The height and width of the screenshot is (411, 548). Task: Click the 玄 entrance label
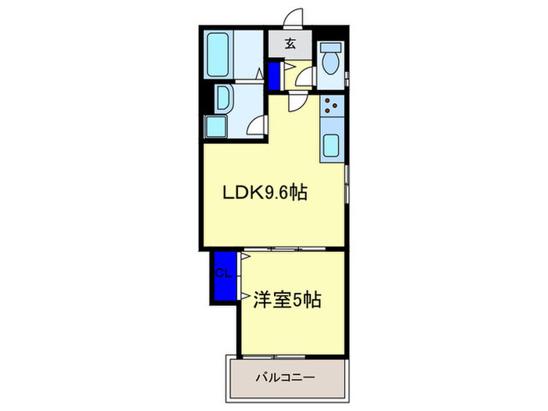290,44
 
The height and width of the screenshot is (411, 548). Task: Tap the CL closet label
222,273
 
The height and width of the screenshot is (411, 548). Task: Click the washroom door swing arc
257,124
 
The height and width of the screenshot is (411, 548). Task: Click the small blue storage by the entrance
275,76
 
